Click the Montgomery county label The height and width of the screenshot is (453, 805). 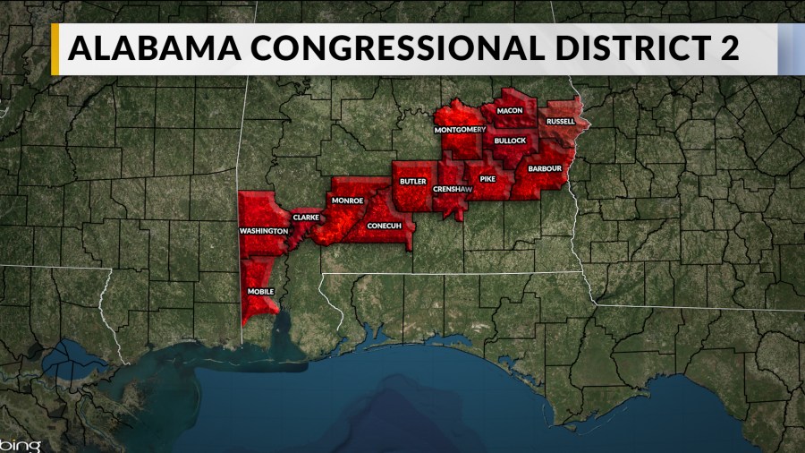pyautogui.click(x=460, y=130)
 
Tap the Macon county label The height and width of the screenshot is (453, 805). pyautogui.click(x=509, y=110)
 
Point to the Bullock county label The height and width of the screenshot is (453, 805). pyautogui.click(x=510, y=141)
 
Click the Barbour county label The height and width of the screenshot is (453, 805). pyautogui.click(x=544, y=168)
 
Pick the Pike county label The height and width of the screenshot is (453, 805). pyautogui.click(x=487, y=180)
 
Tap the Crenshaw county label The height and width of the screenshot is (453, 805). pyautogui.click(x=450, y=190)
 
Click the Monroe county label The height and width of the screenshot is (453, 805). pyautogui.click(x=347, y=201)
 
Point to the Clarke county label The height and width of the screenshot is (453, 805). pyautogui.click(x=305, y=218)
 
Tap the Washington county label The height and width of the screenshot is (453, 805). pyautogui.click(x=263, y=231)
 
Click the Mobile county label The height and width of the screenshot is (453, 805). pyautogui.click(x=260, y=292)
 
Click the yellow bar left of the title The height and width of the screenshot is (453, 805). pyautogui.click(x=55, y=49)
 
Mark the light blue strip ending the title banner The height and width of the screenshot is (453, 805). pyautogui.click(x=791, y=49)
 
